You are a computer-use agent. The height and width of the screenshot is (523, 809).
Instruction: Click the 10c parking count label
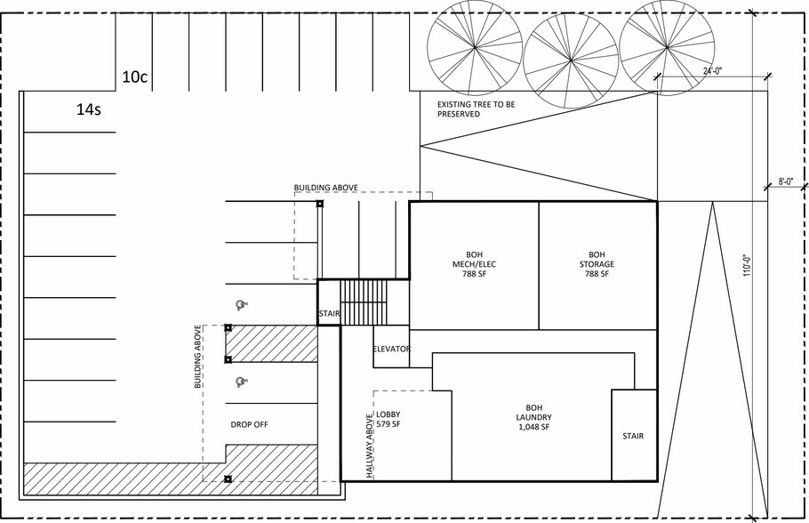point(134,77)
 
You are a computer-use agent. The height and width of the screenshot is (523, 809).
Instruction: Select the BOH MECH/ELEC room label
point(474,264)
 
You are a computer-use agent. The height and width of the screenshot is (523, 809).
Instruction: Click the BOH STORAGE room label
point(596,264)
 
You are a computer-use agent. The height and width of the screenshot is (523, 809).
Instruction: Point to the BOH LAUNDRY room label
point(533,417)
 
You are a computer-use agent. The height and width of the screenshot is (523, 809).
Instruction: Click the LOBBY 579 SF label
point(388,421)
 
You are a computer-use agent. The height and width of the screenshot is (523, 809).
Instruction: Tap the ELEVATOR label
point(391,349)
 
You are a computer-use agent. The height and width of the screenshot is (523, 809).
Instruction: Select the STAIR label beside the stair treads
point(329,314)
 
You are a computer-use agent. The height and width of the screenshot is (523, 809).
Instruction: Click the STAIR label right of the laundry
point(633,436)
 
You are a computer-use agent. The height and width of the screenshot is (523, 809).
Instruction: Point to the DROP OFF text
point(249,424)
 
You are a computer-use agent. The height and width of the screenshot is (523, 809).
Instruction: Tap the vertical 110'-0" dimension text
point(747,262)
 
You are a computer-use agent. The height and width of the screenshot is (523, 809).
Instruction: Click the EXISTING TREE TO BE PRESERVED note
point(476,109)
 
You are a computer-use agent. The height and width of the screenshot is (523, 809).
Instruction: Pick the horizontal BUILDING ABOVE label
point(325,188)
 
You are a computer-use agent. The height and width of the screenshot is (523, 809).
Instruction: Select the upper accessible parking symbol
point(239,305)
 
